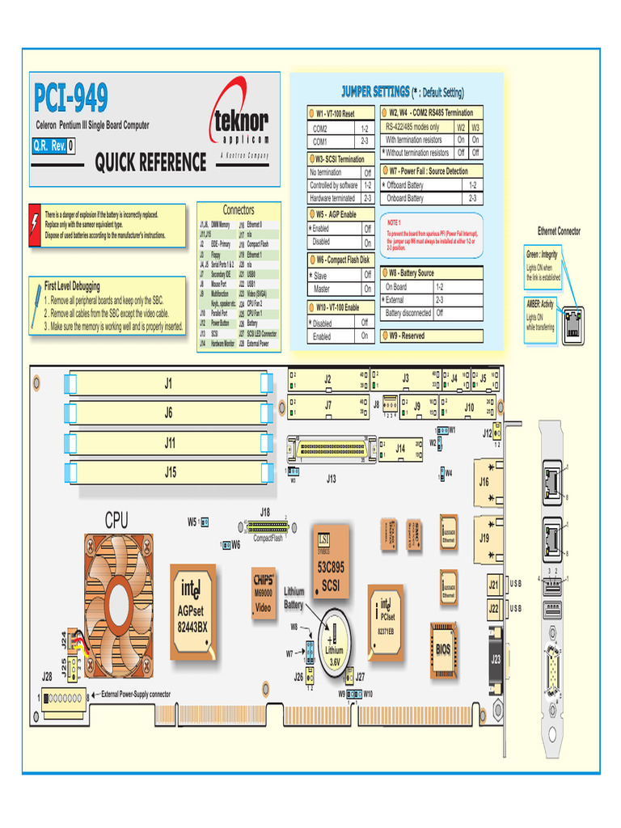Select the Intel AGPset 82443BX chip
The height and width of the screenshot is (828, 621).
click(193, 606)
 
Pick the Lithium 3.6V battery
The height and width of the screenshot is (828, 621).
click(333, 644)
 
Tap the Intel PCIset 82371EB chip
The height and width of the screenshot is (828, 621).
click(386, 619)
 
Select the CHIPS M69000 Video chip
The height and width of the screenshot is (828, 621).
click(264, 594)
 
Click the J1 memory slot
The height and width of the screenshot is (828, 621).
click(168, 384)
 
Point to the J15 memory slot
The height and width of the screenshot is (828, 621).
click(168, 472)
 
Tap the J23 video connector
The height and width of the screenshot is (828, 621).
click(495, 657)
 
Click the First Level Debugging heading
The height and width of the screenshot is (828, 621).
click(73, 286)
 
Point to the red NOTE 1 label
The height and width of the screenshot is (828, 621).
click(394, 222)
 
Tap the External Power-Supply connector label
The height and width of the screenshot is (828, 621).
click(136, 694)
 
